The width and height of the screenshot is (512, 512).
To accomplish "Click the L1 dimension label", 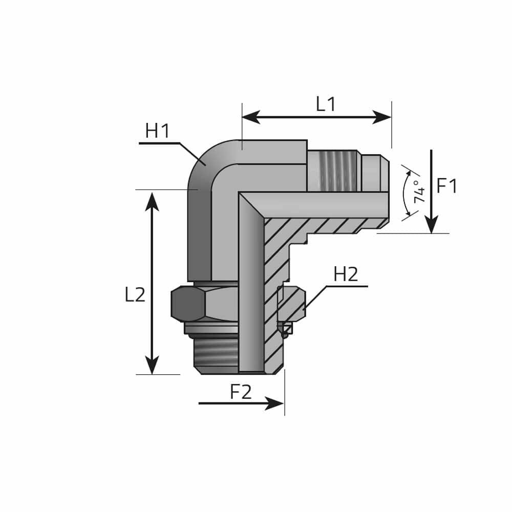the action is (x=326, y=104).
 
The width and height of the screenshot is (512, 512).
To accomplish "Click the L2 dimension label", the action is (x=135, y=294).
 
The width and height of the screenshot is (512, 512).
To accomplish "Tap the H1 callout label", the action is (x=158, y=131).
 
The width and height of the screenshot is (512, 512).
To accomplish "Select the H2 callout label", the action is (x=346, y=274).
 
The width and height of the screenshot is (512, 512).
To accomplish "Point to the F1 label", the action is (x=447, y=186).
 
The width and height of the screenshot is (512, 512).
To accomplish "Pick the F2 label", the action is (x=241, y=392).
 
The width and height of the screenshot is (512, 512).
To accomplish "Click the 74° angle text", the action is (x=420, y=191).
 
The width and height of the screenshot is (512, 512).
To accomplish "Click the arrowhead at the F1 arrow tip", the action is (x=431, y=225).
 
